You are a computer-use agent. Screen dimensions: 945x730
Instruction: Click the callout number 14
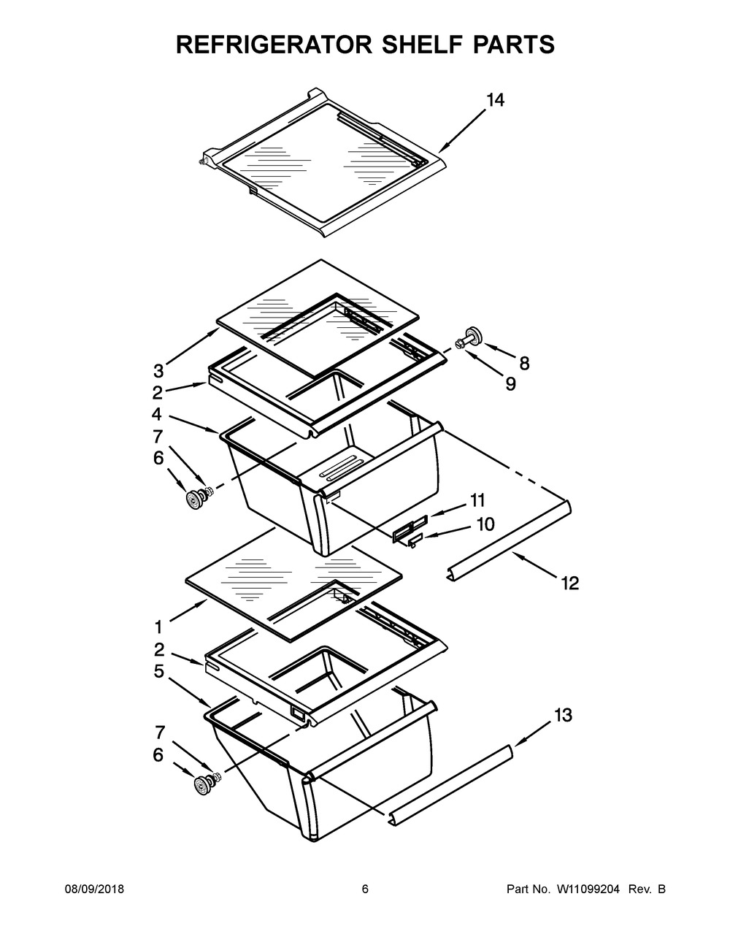pyautogui.click(x=495, y=100)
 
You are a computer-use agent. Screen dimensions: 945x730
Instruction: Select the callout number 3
pyautogui.click(x=158, y=370)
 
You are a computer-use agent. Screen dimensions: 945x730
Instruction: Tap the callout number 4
pyautogui.click(x=157, y=414)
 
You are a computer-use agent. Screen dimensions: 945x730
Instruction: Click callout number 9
pyautogui.click(x=510, y=383)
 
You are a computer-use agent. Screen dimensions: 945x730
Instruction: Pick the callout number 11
pyautogui.click(x=477, y=500)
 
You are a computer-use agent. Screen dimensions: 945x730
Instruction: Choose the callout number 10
pyautogui.click(x=485, y=524)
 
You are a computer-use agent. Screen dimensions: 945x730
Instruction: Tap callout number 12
pyautogui.click(x=569, y=583)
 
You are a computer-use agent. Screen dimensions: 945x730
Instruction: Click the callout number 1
pyautogui.click(x=158, y=627)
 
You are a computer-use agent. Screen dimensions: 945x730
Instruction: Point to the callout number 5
pyautogui.click(x=158, y=671)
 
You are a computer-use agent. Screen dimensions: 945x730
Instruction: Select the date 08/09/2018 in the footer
pyautogui.click(x=93, y=889)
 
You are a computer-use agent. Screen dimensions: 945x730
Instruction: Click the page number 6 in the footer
pyautogui.click(x=365, y=889)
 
